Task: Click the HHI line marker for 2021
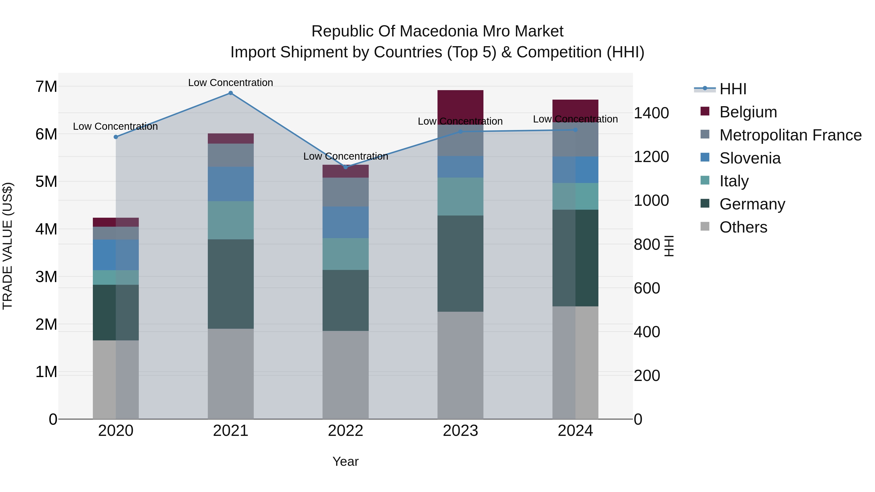(231, 93)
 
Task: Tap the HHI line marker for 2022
(346, 167)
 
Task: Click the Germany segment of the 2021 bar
(231, 284)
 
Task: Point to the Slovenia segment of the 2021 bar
(231, 184)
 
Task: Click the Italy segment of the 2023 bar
(460, 196)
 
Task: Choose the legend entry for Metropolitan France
(790, 135)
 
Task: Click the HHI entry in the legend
(733, 89)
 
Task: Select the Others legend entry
(743, 227)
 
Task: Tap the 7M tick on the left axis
(46, 86)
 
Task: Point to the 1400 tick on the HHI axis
(651, 113)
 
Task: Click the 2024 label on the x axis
(575, 431)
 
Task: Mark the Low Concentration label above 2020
(115, 126)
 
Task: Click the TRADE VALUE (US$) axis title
(8, 246)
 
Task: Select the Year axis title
(345, 461)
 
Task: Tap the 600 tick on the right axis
(647, 288)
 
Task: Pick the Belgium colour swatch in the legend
(705, 111)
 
